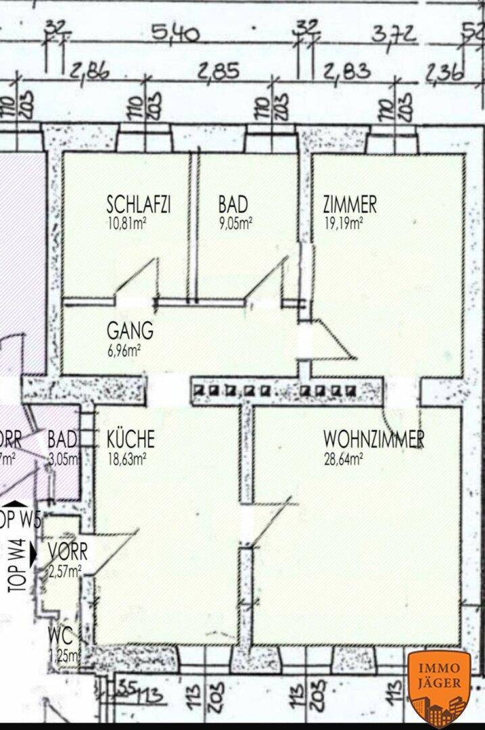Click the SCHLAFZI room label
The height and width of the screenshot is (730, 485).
coord(138,203)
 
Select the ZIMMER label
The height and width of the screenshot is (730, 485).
coord(350,203)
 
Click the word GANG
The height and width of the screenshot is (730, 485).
coord(130,331)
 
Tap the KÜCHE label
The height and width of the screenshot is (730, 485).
coord(131,439)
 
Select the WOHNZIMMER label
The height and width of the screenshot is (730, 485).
coord(373,439)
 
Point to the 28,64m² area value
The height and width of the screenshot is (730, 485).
coord(344,458)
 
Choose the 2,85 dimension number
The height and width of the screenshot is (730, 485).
coord(218,72)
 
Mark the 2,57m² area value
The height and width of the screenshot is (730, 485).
coord(64,571)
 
